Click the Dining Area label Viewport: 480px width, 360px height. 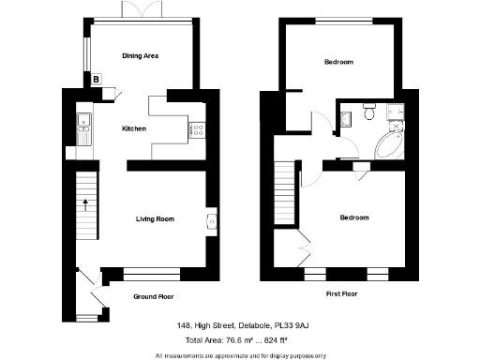coord(140,56)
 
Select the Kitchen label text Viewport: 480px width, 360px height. coord(134,128)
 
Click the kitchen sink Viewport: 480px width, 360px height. coord(82,119)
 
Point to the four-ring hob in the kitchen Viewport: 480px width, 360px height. coord(200,129)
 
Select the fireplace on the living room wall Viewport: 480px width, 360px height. coord(211,220)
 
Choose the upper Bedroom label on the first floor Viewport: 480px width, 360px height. coord(338,63)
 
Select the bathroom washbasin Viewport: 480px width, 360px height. coord(348,117)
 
